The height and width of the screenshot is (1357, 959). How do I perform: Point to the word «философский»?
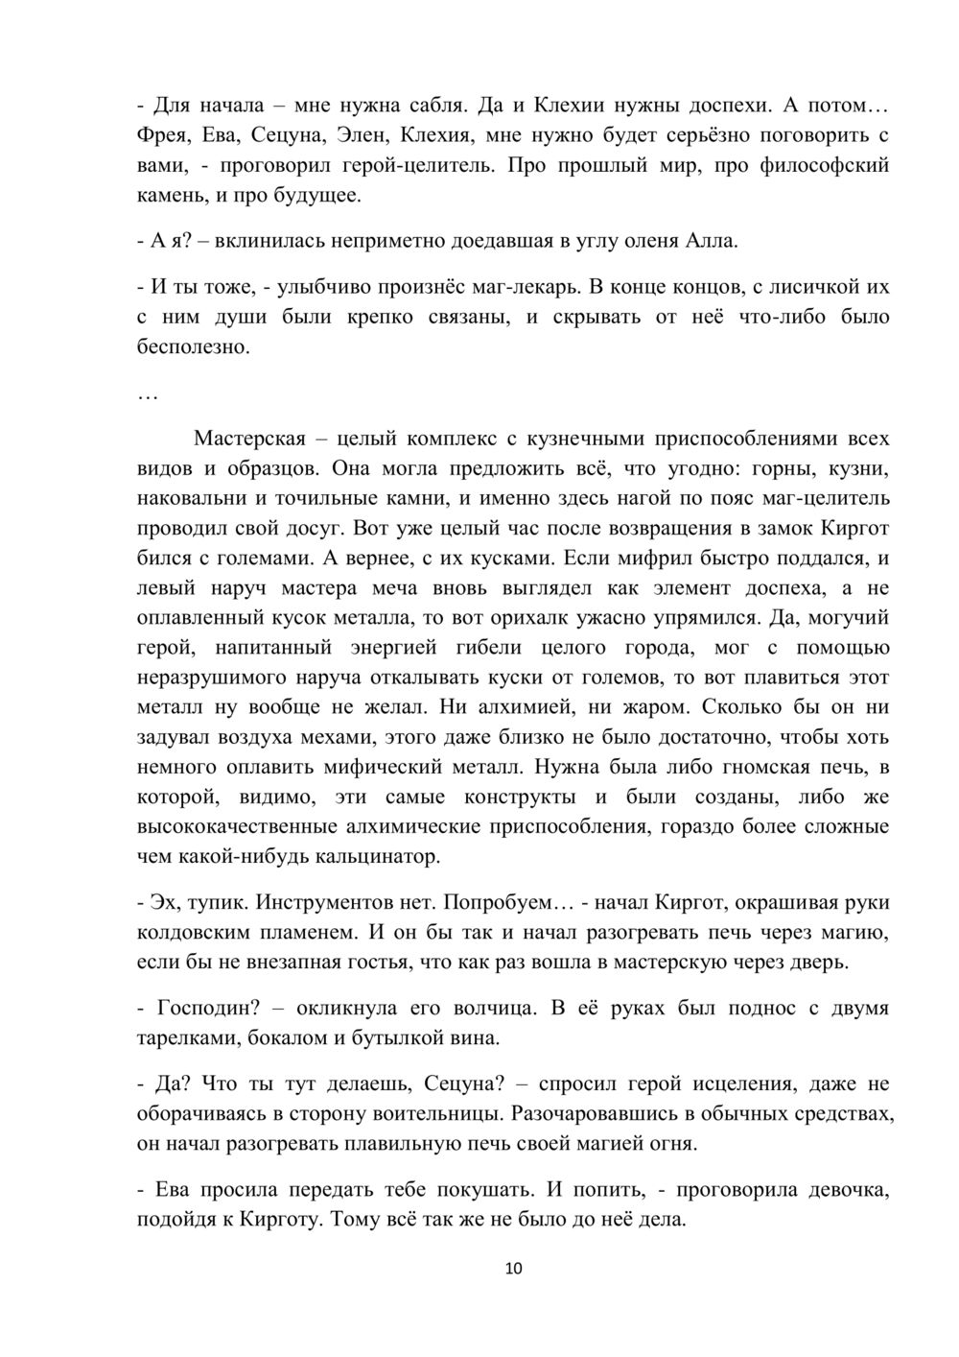point(824,165)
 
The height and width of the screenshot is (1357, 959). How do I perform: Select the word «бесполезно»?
point(193,346)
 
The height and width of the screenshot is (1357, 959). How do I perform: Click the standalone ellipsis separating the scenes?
point(148,395)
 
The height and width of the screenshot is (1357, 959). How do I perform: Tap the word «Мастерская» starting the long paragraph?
point(248,439)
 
